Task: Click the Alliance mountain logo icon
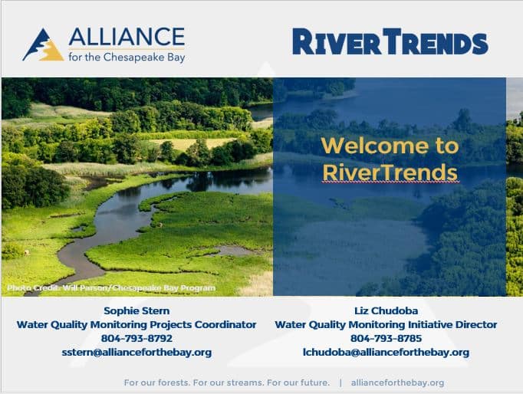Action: coord(43,45)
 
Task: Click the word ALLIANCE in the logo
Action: coord(127,37)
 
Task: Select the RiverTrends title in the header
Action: coord(390,41)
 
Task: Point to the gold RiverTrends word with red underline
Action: coord(390,172)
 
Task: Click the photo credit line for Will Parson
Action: coord(111,287)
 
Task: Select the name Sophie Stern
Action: coord(137,310)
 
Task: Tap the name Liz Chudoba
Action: coord(386,310)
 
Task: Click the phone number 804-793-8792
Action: coord(137,338)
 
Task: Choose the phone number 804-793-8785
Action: coord(386,338)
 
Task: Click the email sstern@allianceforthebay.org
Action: coord(137,353)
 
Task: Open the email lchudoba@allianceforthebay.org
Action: coord(386,353)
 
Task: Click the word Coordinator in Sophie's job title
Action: coord(225,324)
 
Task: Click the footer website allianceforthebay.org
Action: coord(397,383)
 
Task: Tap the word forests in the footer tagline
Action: coord(173,383)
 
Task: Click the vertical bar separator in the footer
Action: coord(340,383)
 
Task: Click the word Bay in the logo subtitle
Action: coord(176,57)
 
